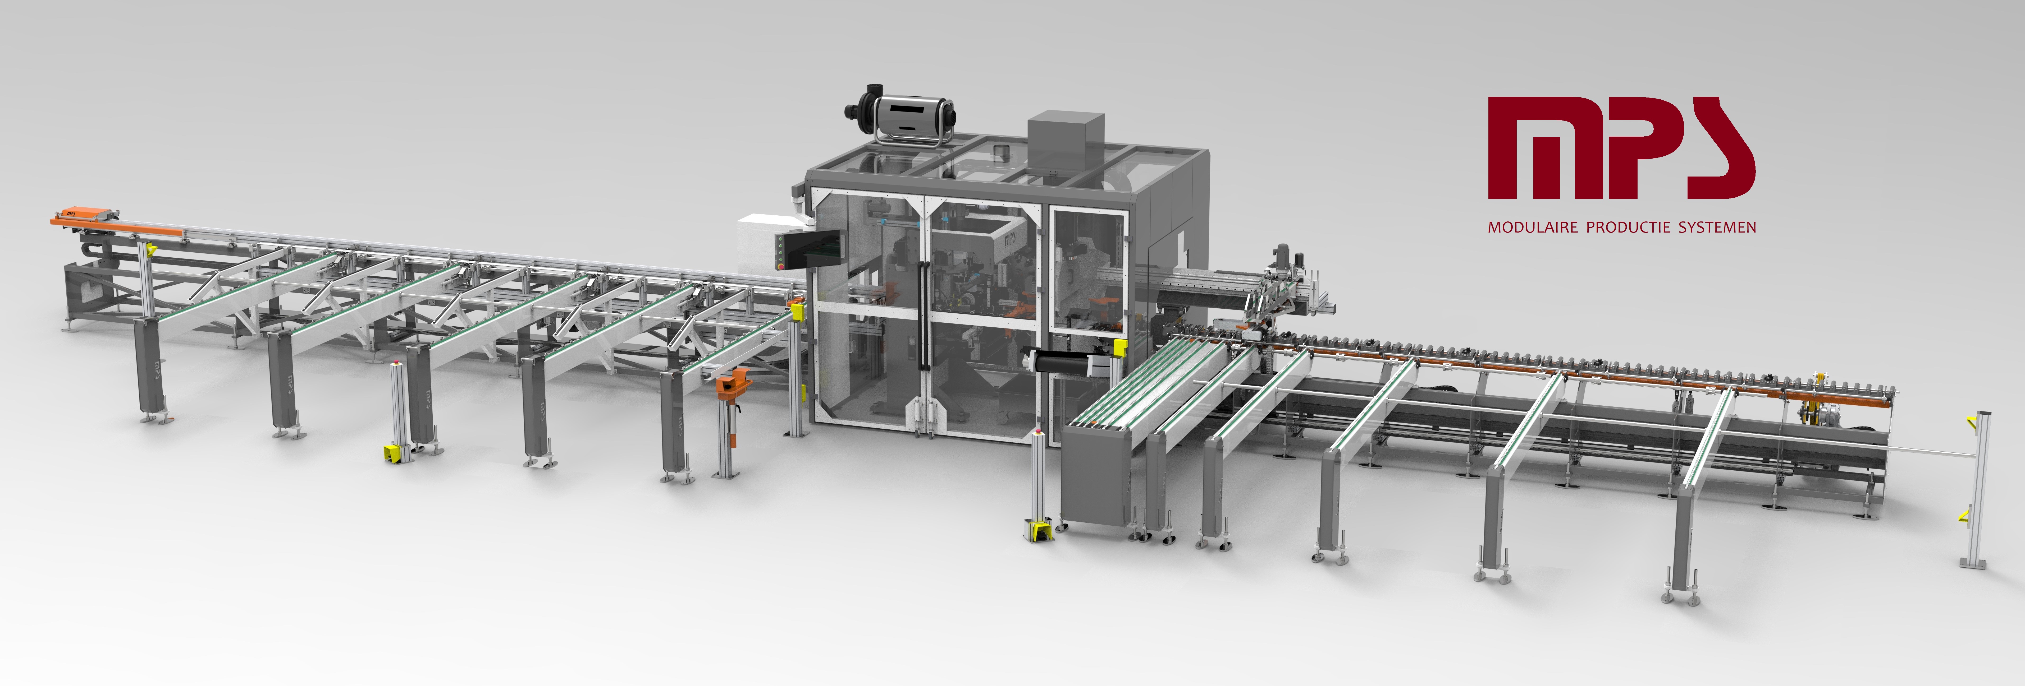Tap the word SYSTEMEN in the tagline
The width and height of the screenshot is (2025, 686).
tap(1717, 227)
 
